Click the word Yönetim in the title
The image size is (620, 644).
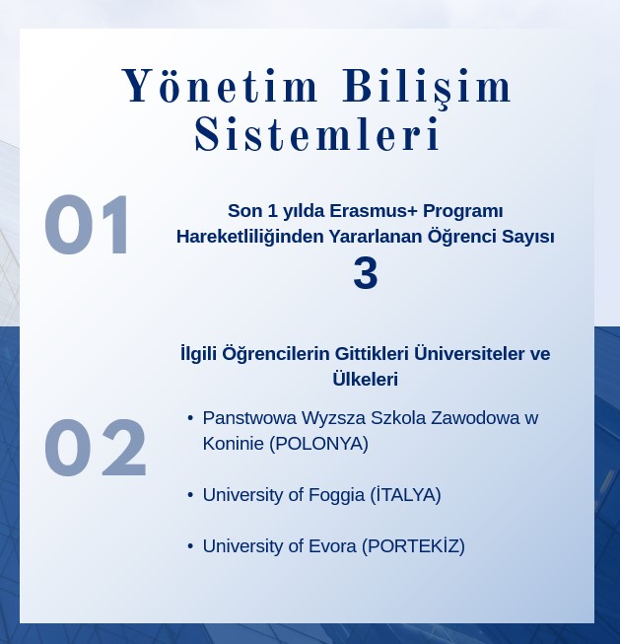coord(220,86)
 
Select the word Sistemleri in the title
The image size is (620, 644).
coord(317,133)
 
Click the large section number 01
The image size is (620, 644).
coord(87,225)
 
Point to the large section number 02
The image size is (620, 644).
coord(96,448)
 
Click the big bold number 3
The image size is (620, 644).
coord(366,273)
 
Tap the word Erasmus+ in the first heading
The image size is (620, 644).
coord(374,211)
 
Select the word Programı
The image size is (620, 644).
coord(462,212)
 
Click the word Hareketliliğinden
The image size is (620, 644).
coord(250,238)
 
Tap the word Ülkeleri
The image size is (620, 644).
coord(365,379)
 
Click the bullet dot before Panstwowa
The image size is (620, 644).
coord(190,418)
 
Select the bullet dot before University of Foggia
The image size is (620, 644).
coord(190,495)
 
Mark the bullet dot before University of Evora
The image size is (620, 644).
coord(190,546)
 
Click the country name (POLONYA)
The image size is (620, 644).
coord(318,444)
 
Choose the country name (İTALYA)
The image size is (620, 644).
coord(405,494)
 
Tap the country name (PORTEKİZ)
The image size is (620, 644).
coord(413,546)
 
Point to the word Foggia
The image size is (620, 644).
coord(336,496)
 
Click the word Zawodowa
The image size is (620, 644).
coord(475,418)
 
